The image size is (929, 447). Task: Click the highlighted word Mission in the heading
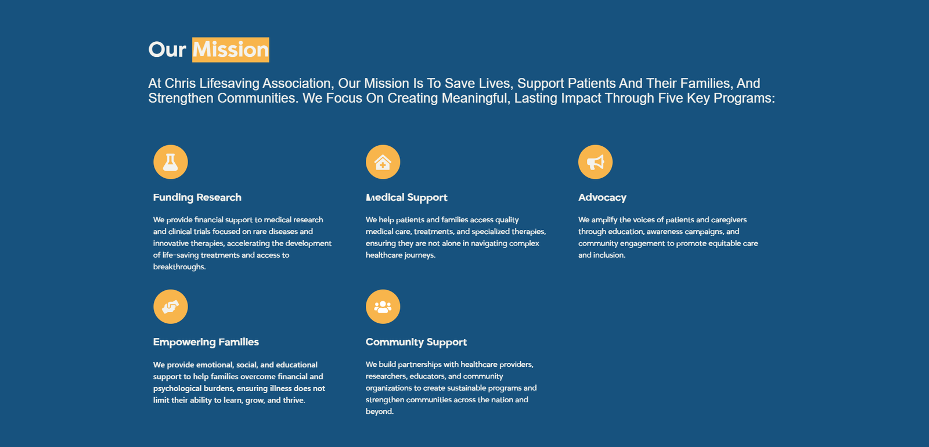[231, 50]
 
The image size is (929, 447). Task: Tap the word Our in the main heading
[167, 50]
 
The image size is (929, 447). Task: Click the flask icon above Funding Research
[171, 162]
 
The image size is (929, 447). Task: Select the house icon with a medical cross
[383, 162]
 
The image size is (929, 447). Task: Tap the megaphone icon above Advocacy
[595, 162]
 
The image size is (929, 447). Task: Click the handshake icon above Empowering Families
[171, 307]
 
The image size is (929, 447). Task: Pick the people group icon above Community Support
[383, 307]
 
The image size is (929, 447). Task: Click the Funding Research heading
[197, 197]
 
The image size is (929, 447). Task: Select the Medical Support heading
[406, 197]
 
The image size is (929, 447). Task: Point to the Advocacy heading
[602, 197]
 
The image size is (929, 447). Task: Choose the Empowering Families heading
[206, 342]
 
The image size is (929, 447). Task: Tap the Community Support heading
[416, 342]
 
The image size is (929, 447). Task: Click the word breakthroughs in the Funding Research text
[179, 266]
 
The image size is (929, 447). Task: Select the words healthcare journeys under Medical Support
[400, 255]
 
